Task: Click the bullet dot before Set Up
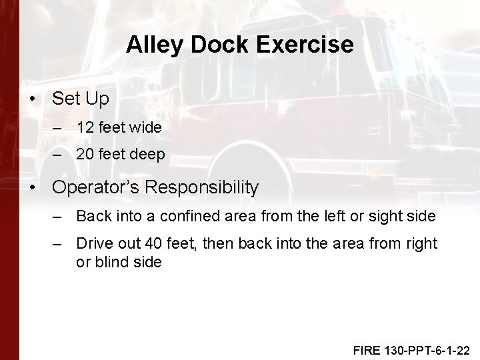33,98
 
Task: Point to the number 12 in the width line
85,127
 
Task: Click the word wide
145,127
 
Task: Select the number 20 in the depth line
85,155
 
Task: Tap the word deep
147,155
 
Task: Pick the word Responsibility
201,188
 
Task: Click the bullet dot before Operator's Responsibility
33,188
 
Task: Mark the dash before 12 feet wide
58,127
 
